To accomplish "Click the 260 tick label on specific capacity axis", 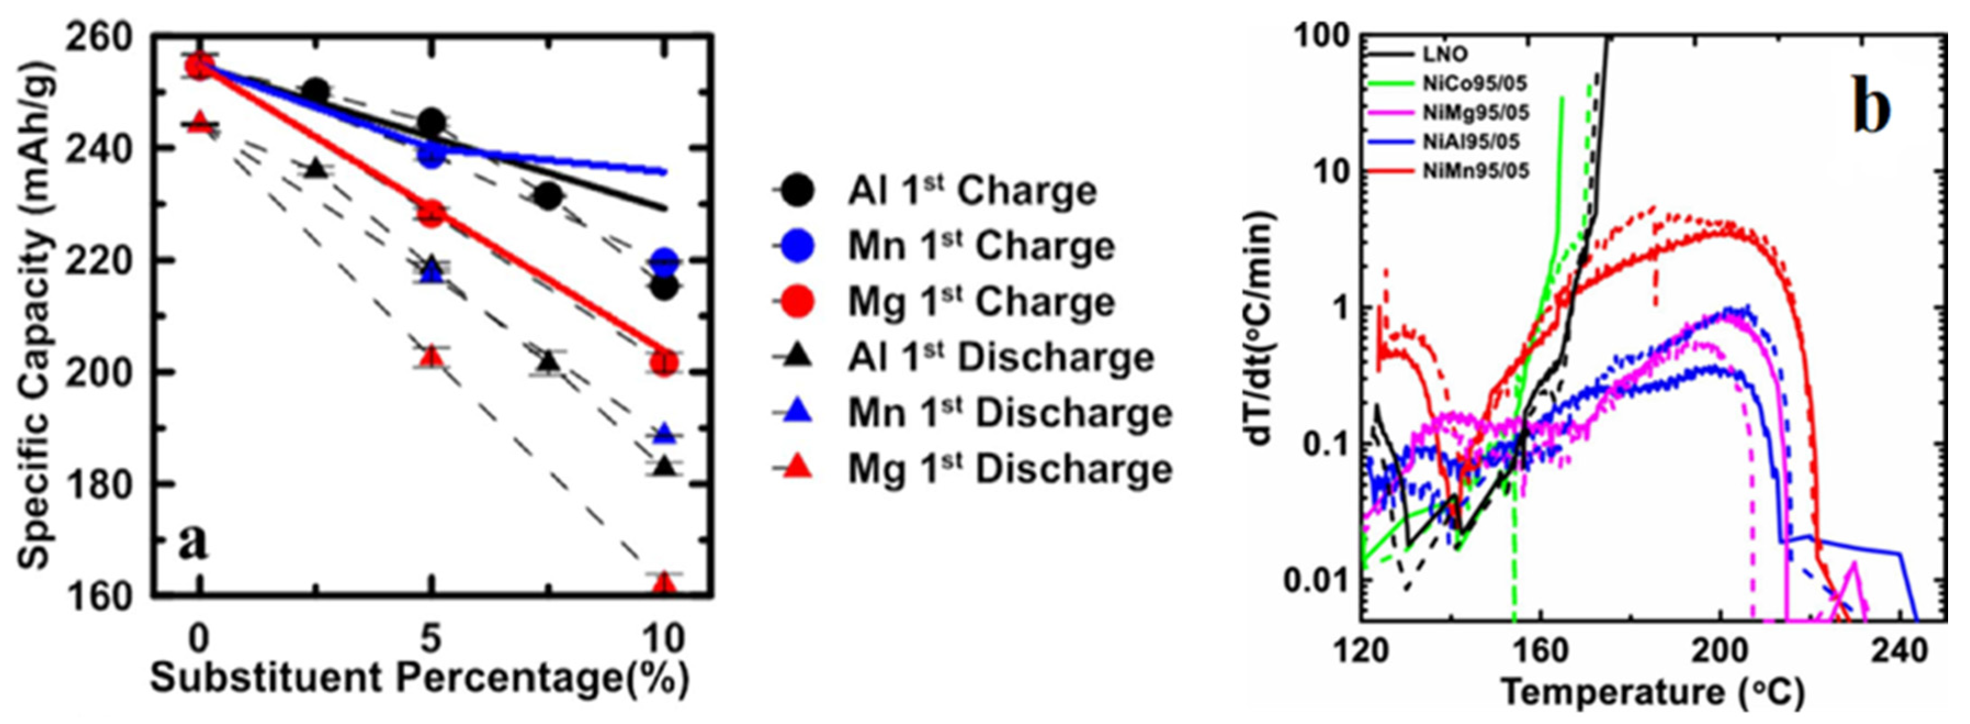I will click(109, 38).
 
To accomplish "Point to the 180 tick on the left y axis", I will click(109, 485).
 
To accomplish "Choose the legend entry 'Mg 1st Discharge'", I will click(1010, 468).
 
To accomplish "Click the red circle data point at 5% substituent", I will click(431, 213).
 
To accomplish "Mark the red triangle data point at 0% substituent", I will click(199, 122).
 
